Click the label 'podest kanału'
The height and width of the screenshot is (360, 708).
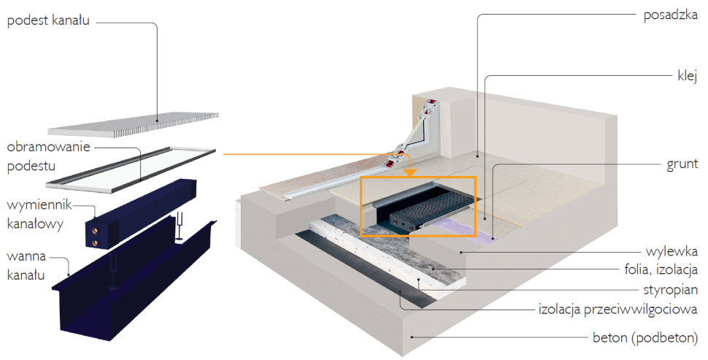[x=48, y=20]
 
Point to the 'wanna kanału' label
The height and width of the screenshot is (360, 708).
[x=28, y=266]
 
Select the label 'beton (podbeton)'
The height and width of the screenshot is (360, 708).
[x=645, y=338]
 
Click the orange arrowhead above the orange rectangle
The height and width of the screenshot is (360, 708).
[x=410, y=172]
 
